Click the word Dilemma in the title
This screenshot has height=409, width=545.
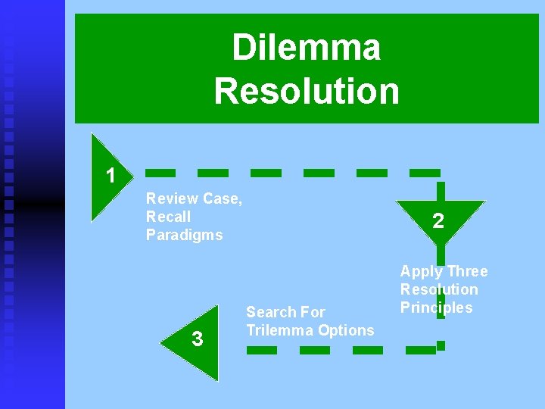click(306, 48)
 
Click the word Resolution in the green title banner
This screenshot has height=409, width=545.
click(306, 91)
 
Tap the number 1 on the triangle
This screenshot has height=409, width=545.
click(111, 176)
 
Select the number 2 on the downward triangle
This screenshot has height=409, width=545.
click(438, 221)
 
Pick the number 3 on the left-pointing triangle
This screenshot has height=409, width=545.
click(198, 339)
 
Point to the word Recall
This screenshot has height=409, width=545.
click(169, 217)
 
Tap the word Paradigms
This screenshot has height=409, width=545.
click(185, 235)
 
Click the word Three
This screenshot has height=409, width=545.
click(468, 271)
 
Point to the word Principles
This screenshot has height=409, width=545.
click(436, 308)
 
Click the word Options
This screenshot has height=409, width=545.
click(346, 330)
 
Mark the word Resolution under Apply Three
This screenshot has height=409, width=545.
click(439, 289)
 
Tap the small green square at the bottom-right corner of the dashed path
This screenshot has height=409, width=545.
click(441, 345)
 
